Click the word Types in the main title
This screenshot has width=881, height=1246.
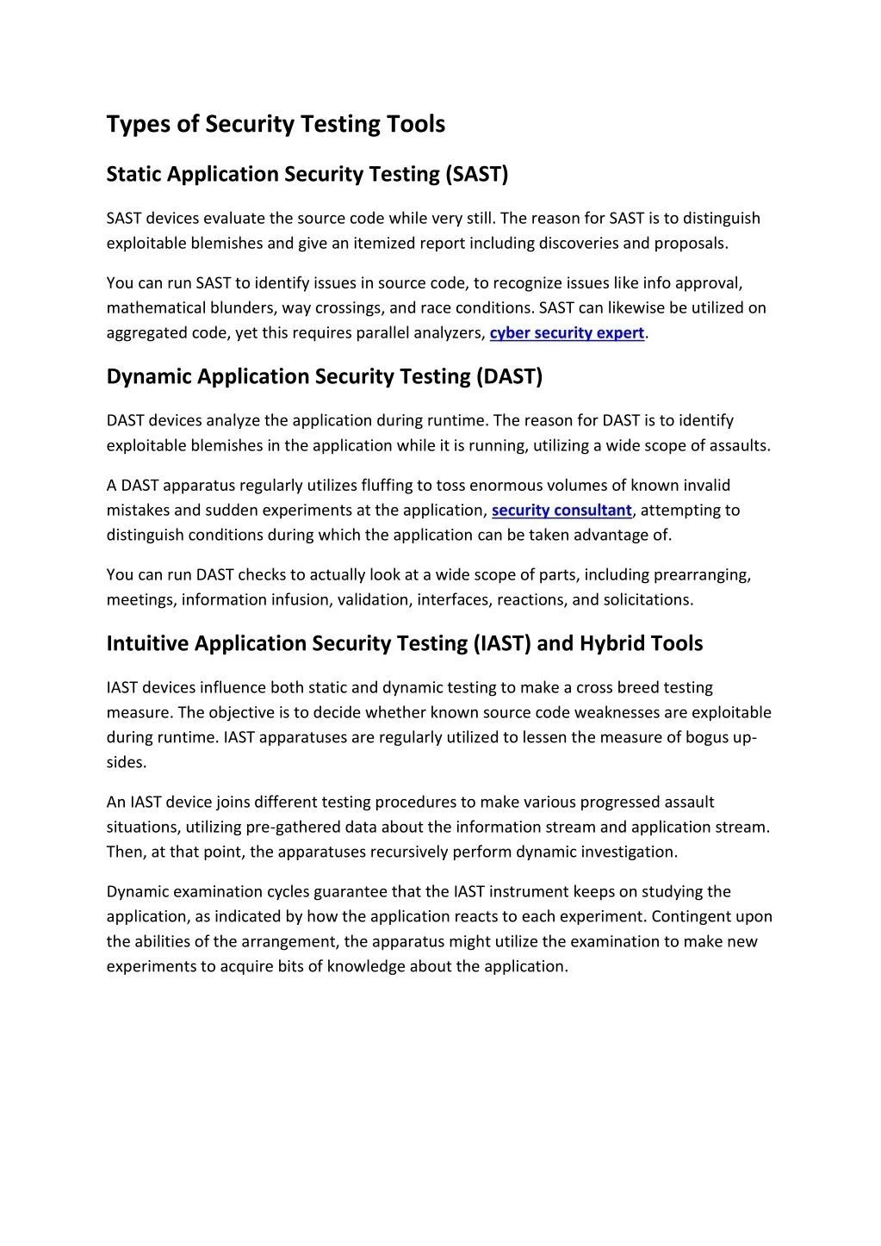coord(139,125)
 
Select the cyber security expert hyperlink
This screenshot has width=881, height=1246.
coord(567,333)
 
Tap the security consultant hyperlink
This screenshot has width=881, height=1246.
coord(561,511)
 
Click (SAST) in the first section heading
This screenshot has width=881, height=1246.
coord(477,175)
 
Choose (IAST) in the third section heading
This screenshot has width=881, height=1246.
coord(502,644)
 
